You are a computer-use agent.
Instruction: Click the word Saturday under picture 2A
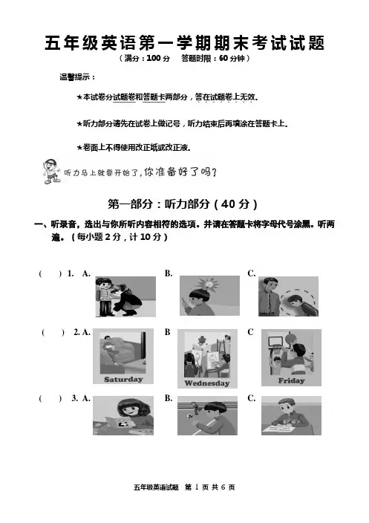pos(123,379)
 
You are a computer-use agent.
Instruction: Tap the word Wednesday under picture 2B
pos(207,383)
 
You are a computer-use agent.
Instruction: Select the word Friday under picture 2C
pos(291,380)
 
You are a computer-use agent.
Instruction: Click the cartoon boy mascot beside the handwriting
pos(52,172)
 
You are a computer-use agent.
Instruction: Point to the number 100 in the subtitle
pos(154,58)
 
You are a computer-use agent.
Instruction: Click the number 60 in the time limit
pos(223,58)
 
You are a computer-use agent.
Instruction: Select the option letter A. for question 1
pos(86,273)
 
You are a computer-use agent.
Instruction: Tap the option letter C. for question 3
pos(252,398)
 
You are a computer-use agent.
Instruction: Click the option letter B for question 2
pos(167,332)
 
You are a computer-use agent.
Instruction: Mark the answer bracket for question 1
pos(50,274)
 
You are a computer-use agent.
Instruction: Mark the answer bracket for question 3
pos(50,398)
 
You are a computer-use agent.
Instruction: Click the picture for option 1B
pos(209,296)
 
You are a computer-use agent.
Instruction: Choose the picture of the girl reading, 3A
pos(123,415)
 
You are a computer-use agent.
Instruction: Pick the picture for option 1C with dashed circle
pos(288,296)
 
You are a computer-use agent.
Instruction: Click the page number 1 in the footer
pos(197,487)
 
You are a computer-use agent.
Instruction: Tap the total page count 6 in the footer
pos(223,487)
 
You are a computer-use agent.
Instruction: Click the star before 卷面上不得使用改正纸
pos(79,147)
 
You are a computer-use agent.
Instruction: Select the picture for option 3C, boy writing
pos(291,415)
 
